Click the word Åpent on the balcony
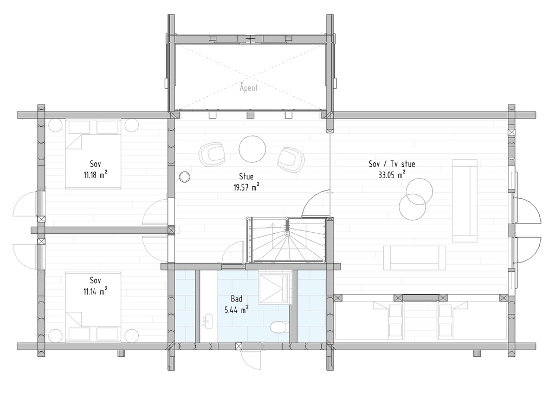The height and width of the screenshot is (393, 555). [x=249, y=87]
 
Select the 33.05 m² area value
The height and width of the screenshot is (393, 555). [x=392, y=175]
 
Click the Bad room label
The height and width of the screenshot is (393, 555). [x=236, y=299]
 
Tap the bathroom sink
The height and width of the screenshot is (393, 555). [x=207, y=323]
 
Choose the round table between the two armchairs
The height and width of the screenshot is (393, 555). [x=252, y=148]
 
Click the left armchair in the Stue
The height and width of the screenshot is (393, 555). [x=212, y=154]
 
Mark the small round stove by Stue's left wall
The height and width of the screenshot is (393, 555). [x=185, y=176]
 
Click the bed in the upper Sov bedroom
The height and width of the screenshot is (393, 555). [x=93, y=154]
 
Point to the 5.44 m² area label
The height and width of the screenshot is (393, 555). [x=236, y=310]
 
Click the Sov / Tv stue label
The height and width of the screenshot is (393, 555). [x=392, y=164]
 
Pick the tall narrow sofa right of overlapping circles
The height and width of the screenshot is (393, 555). [x=464, y=200]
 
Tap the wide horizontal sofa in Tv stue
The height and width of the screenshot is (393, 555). [x=415, y=258]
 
